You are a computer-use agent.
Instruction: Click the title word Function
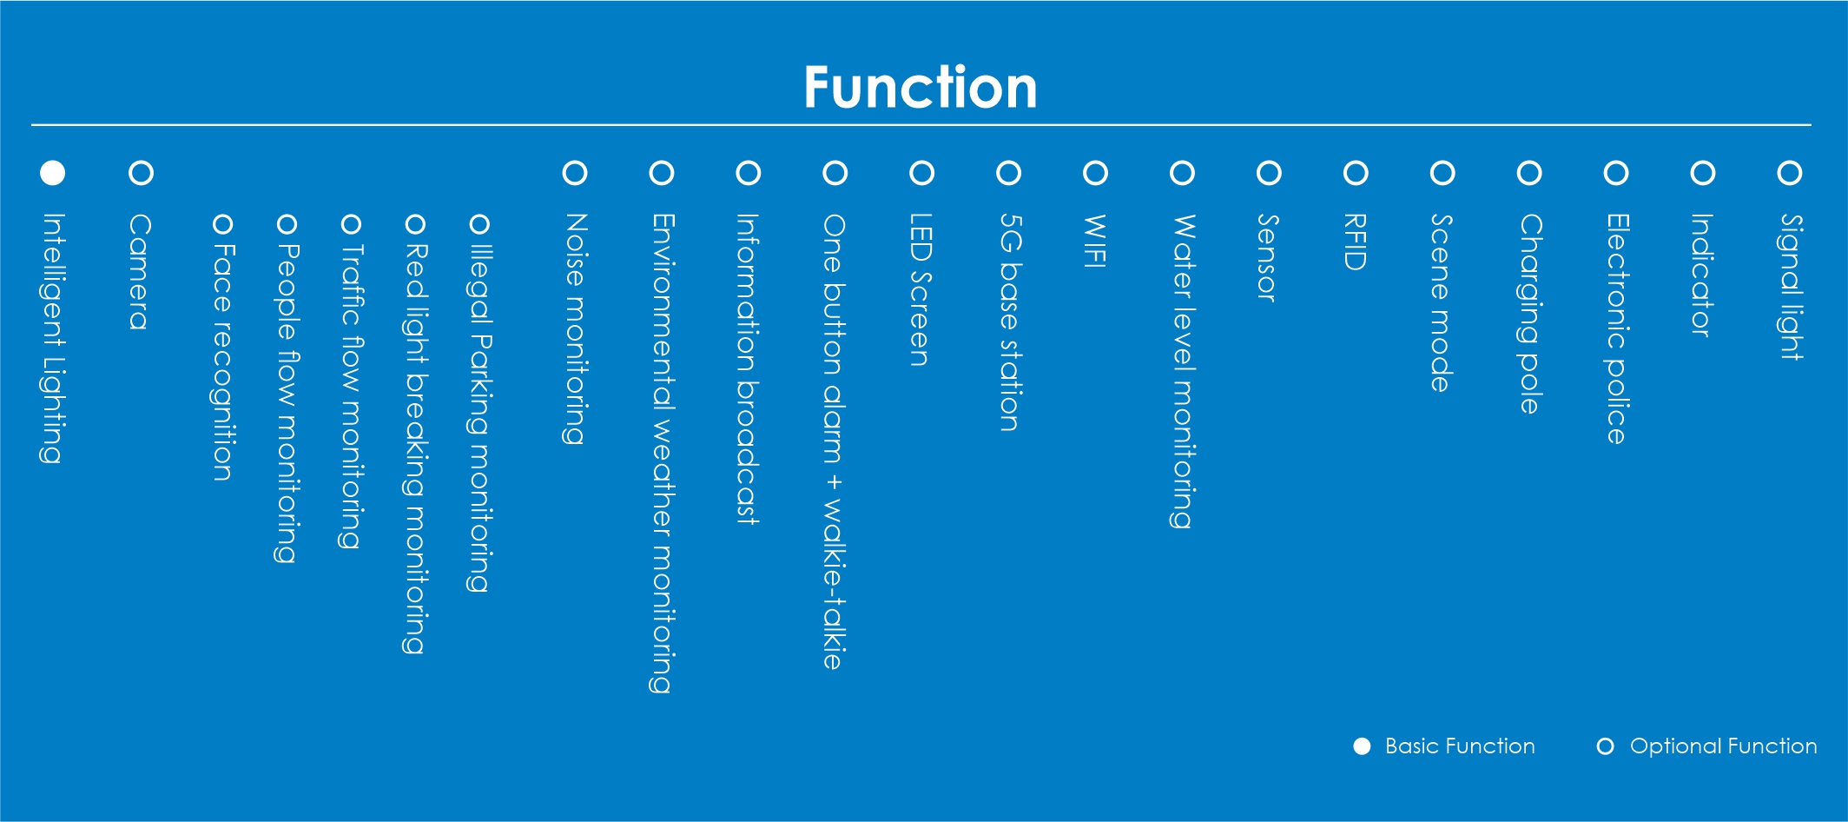click(x=921, y=87)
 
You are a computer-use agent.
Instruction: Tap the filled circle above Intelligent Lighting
click(x=53, y=173)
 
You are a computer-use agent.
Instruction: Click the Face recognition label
click(x=223, y=361)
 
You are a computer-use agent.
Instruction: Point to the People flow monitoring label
click(x=287, y=403)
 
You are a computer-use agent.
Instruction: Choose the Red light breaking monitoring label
click(x=416, y=448)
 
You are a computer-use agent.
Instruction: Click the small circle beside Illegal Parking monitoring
click(x=479, y=224)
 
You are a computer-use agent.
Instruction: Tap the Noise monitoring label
click(x=575, y=329)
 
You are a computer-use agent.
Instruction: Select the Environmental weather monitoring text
click(x=662, y=454)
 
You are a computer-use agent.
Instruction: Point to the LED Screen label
click(x=921, y=290)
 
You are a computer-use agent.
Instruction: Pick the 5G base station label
click(x=1009, y=322)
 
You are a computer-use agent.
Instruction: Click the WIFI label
click(x=1095, y=241)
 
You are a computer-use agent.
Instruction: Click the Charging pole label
click(x=1530, y=314)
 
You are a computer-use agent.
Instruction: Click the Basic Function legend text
click(x=1460, y=746)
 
